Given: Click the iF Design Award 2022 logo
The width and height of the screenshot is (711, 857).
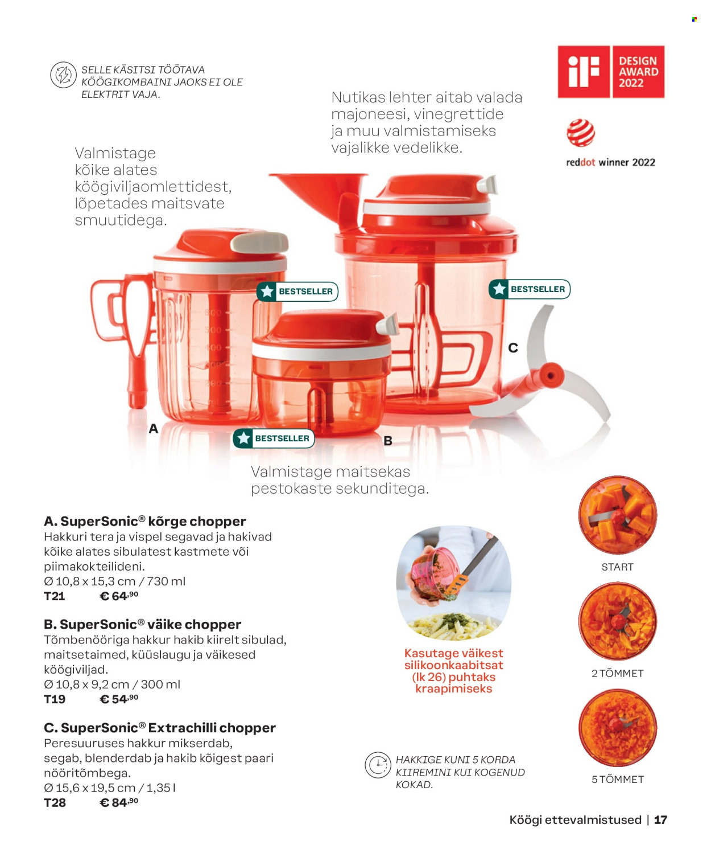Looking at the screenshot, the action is click(610, 71).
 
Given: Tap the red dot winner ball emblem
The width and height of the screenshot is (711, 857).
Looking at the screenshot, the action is click(580, 133).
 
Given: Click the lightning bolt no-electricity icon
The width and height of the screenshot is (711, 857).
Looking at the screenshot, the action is click(63, 75).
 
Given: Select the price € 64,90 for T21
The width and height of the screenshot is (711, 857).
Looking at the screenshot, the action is click(119, 596).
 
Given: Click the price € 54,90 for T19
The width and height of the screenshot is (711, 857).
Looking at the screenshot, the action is click(119, 699).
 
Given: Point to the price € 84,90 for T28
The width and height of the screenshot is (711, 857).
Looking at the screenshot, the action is click(119, 802).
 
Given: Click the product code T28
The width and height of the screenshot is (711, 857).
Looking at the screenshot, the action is click(55, 803).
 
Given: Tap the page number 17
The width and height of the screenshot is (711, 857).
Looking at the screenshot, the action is click(660, 820).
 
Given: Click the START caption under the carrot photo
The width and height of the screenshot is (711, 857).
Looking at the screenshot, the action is click(618, 567).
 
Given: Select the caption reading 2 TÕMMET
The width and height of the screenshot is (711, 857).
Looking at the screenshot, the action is click(618, 673).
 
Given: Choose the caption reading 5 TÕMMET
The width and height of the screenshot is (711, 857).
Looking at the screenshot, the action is click(618, 780).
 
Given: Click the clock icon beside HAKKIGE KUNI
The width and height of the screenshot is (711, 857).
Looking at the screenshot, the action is click(378, 765).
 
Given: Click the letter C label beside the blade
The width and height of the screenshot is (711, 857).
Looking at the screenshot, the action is click(513, 348).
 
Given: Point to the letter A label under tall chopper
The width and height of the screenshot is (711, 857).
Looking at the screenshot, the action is click(154, 428).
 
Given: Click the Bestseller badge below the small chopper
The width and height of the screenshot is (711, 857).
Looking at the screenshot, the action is click(274, 438).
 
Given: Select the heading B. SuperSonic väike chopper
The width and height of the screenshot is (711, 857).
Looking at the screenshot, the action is click(142, 624).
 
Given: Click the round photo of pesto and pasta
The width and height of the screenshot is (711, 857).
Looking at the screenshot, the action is click(453, 583).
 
